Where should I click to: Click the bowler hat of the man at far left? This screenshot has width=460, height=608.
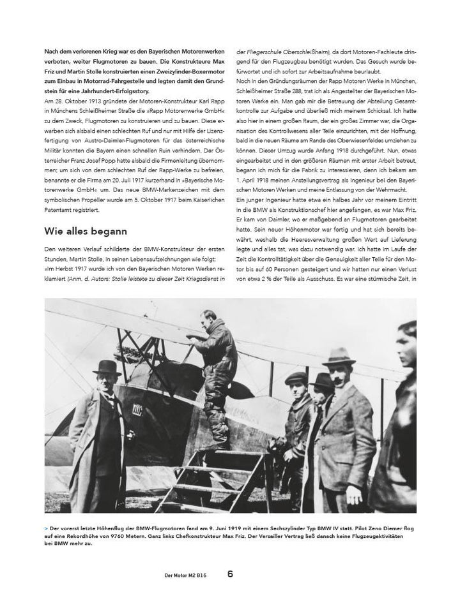point(106,367)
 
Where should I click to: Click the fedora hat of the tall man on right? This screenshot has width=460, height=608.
point(339,355)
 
